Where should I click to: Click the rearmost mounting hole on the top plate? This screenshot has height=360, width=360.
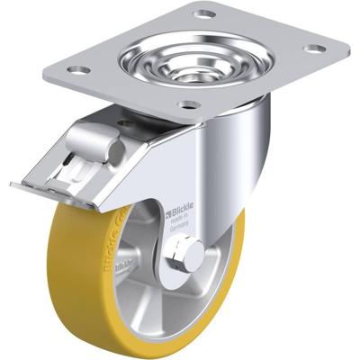click(205, 13)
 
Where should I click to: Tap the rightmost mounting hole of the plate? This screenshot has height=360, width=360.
click(313, 48)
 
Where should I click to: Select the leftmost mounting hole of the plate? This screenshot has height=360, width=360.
click(78, 69)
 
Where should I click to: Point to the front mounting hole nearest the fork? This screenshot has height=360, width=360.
click(187, 105)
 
